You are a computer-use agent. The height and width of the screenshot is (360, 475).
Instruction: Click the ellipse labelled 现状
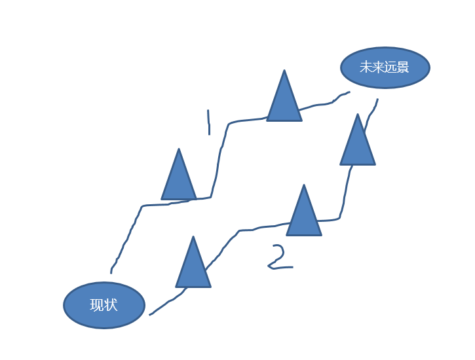click(104, 305)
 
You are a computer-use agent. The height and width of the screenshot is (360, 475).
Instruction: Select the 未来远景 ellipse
click(385, 67)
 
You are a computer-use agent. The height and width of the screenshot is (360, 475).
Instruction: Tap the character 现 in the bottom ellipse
click(96, 305)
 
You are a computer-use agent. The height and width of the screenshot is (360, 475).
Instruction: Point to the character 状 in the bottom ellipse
click(111, 305)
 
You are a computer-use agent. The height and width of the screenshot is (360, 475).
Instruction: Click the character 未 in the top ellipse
click(366, 67)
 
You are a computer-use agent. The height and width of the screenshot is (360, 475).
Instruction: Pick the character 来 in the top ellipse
click(378, 67)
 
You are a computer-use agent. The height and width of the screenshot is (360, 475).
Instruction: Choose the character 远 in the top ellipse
click(390, 67)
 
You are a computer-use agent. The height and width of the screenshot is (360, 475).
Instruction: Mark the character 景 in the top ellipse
click(403, 67)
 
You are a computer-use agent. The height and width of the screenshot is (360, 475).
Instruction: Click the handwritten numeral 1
click(208, 122)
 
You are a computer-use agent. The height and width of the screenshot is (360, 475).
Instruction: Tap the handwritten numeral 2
click(279, 258)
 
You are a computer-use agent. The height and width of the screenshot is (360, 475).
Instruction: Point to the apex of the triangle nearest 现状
click(193, 238)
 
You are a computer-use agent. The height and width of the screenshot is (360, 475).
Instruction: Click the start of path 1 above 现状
click(111, 272)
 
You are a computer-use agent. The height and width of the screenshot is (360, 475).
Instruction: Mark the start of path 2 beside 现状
click(150, 315)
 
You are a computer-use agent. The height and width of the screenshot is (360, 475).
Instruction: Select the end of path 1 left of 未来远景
click(349, 92)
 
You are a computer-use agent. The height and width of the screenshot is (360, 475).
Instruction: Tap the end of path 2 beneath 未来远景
click(377, 99)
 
